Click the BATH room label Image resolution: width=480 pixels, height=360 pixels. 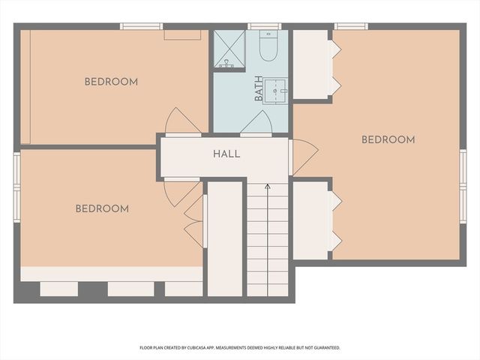coord(259,88)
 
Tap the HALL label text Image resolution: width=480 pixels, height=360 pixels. coord(226,154)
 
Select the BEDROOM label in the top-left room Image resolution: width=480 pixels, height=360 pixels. coord(111,82)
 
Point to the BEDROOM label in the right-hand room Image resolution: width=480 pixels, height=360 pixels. coord(388,139)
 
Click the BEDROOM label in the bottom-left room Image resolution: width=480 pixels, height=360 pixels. coord(102,208)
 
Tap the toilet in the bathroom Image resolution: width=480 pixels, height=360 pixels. coord(268,46)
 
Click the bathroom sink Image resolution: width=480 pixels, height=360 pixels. coord(277,94)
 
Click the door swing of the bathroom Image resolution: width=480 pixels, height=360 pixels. coord(256,124)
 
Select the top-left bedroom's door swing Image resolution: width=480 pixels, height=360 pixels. coord(181,121)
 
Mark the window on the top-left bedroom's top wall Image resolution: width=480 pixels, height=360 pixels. coord(141,26)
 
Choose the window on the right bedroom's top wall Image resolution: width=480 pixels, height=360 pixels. coord(350,26)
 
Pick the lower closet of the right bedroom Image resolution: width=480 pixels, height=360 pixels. coord(310,220)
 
